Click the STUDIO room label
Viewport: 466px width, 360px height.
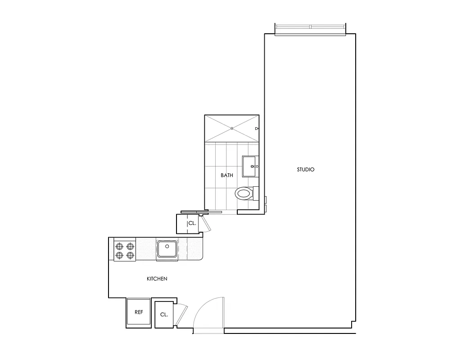point(305,170)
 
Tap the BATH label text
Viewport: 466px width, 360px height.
point(227,175)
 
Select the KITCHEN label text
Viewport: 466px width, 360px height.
point(157,279)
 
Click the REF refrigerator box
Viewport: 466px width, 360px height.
point(139,312)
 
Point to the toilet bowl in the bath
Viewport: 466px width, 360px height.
point(243,194)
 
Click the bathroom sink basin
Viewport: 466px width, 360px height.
point(249,166)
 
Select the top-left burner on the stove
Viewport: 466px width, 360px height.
point(120,246)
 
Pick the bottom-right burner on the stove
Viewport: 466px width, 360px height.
point(130,256)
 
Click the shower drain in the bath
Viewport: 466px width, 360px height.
point(231,129)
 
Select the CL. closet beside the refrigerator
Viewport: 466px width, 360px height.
point(164,314)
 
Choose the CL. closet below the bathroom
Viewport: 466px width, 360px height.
point(191,223)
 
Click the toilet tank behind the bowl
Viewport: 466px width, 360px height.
point(256,193)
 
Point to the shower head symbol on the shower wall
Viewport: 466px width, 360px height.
point(257,129)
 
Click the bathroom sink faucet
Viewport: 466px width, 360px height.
point(254,166)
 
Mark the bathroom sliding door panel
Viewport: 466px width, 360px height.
point(201,211)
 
